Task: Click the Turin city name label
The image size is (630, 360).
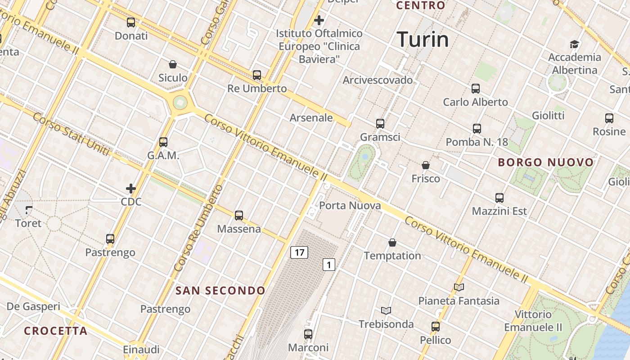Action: pyautogui.click(x=423, y=40)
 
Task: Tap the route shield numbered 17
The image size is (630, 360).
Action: pyautogui.click(x=299, y=252)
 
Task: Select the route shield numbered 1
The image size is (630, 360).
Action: pyautogui.click(x=329, y=265)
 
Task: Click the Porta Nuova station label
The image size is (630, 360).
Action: pyautogui.click(x=350, y=206)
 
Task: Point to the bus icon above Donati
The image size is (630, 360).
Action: pyautogui.click(x=131, y=22)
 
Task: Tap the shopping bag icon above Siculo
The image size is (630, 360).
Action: pyautogui.click(x=173, y=64)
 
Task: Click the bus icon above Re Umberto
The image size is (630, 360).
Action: pyautogui.click(x=257, y=75)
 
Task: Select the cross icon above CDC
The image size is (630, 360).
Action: pyautogui.click(x=131, y=188)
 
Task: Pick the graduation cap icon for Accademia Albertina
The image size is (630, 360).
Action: pyautogui.click(x=574, y=44)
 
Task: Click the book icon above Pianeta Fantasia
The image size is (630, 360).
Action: pyautogui.click(x=459, y=287)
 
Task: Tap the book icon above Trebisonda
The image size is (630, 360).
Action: pyautogui.click(x=386, y=310)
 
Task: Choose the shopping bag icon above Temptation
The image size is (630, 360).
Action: pyautogui.click(x=392, y=243)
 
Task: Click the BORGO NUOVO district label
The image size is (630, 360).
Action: pyautogui.click(x=546, y=162)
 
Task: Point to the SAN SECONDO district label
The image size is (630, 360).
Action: pyautogui.click(x=220, y=291)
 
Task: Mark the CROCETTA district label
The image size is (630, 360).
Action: pyautogui.click(x=56, y=331)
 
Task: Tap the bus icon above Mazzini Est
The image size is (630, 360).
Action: pyautogui.click(x=499, y=198)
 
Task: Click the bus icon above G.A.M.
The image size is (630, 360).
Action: pyautogui.click(x=163, y=142)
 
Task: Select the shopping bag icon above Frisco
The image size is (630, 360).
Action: pyautogui.click(x=426, y=165)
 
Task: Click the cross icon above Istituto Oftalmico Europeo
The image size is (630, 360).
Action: pyautogui.click(x=319, y=20)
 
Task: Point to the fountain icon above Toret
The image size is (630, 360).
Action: pyautogui.click(x=28, y=210)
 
